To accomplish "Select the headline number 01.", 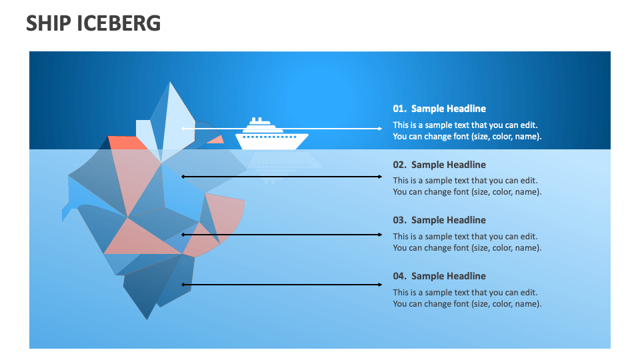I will [399, 109].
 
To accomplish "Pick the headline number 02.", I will [399, 165].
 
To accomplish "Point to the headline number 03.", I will [399, 220].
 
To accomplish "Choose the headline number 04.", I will [399, 276].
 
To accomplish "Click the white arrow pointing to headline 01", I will [281, 129].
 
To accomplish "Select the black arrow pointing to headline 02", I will [281, 177].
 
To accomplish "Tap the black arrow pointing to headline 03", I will [281, 235].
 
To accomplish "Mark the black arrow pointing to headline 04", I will [281, 285].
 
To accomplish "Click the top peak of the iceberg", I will [169, 84].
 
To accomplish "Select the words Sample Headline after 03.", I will [449, 220].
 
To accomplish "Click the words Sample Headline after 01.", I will [449, 109].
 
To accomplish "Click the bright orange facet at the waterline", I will [127, 142].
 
